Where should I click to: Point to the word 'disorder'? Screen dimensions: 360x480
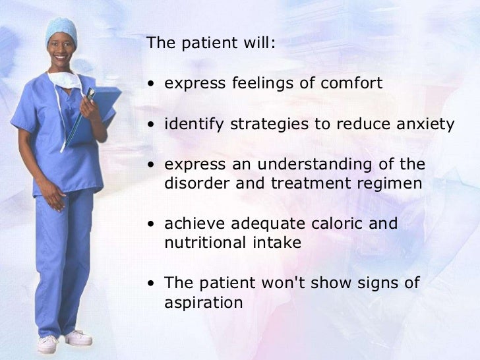[x=194, y=183]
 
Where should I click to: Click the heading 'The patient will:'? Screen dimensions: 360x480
[x=212, y=44]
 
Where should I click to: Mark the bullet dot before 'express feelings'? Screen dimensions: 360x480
[x=152, y=84]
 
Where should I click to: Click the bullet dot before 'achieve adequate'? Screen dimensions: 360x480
[x=152, y=224]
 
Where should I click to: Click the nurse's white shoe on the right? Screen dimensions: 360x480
[x=78, y=338]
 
